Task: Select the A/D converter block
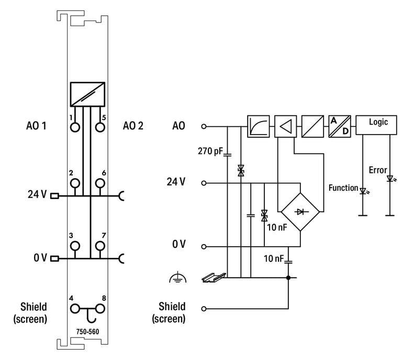click(x=339, y=126)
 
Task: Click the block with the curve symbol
click(x=258, y=126)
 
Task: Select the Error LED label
click(x=377, y=170)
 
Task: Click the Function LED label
click(x=343, y=188)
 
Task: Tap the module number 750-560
click(x=88, y=331)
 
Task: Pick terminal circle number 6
click(x=99, y=182)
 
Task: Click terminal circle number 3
click(x=75, y=245)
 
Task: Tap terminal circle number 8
click(x=99, y=309)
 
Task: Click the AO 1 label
click(x=36, y=126)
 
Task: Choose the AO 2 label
click(x=133, y=126)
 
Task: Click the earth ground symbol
click(x=178, y=279)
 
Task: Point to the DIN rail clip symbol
click(x=214, y=278)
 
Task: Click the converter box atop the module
click(x=87, y=94)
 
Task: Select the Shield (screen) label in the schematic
click(x=169, y=312)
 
